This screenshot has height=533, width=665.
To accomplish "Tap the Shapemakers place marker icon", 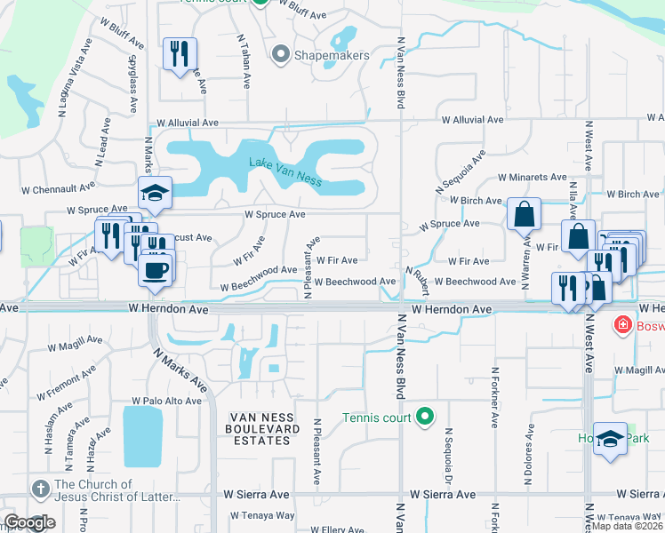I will click(x=282, y=55).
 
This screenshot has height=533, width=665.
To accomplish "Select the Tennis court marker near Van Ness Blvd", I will click(x=425, y=417).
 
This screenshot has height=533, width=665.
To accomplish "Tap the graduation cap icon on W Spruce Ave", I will click(x=155, y=194).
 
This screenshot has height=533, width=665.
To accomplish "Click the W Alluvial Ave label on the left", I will click(x=187, y=123).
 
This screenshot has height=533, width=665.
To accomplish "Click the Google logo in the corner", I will click(x=30, y=522).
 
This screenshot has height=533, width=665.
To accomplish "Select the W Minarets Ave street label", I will click(x=532, y=178).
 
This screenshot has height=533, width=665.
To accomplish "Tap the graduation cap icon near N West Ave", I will click(x=611, y=440).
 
